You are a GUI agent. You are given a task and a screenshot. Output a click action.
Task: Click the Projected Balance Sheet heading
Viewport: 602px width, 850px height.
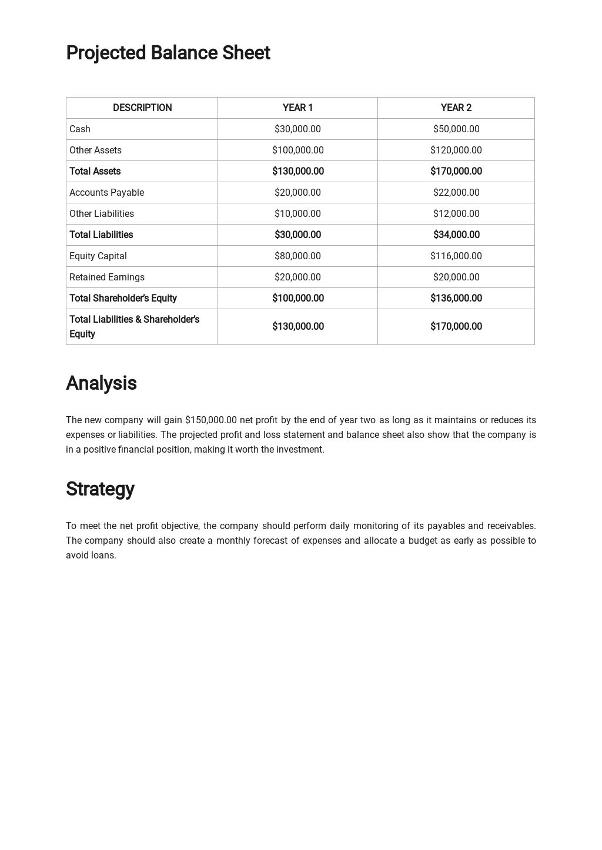[168, 53]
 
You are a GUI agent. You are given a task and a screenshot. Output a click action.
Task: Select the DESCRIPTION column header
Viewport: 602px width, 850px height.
[142, 108]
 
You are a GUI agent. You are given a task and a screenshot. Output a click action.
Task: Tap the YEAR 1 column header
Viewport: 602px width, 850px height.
[297, 108]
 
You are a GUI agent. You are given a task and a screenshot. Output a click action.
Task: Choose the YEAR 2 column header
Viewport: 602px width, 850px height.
[456, 108]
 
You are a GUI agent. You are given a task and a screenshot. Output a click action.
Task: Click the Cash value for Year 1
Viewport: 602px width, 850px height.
[297, 129]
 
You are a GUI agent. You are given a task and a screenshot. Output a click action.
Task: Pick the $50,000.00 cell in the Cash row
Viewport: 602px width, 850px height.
[456, 129]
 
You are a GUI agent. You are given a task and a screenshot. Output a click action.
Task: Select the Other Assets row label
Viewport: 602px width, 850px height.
[95, 150]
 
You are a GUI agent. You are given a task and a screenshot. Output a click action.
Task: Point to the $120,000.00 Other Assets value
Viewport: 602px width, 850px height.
[456, 150]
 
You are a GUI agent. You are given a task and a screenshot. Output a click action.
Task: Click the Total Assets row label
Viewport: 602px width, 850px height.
[95, 171]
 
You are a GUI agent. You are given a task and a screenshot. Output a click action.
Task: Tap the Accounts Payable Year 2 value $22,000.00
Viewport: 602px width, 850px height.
[456, 192]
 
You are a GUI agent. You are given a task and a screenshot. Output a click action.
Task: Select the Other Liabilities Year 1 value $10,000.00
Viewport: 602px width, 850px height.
[297, 213]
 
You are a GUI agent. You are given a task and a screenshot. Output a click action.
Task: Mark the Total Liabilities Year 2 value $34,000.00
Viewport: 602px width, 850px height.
[456, 235]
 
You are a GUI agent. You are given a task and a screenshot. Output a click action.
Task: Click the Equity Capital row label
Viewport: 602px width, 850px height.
[98, 256]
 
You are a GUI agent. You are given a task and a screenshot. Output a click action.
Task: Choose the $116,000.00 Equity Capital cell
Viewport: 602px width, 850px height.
[456, 256]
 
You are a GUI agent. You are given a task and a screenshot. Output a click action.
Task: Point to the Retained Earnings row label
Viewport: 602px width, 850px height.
[107, 277]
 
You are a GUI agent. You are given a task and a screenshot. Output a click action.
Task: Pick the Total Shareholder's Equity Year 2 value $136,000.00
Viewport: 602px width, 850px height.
[456, 298]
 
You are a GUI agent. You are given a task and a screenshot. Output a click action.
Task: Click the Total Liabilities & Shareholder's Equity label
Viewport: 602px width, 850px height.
[134, 326]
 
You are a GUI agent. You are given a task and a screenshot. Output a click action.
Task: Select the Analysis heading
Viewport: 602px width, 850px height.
[101, 383]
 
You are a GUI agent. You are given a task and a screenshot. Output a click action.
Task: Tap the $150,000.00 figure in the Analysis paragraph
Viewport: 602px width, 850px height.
[210, 420]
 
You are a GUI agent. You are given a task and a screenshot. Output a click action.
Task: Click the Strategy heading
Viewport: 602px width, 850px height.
[100, 489]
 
